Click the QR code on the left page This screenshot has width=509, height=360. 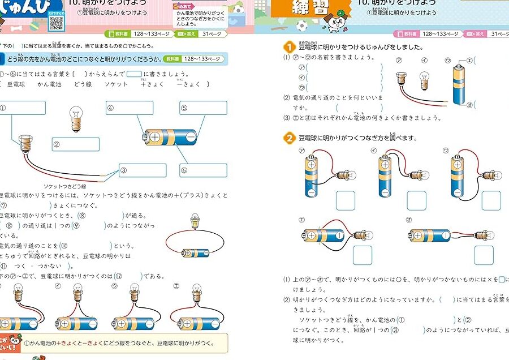click(55, 23)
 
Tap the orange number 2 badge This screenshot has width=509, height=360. click(288, 138)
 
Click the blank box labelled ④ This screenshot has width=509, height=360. click(130, 108)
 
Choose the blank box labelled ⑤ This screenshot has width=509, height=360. click(204, 108)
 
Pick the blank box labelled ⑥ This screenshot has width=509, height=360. click(204, 170)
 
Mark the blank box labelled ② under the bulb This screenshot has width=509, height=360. click(76, 144)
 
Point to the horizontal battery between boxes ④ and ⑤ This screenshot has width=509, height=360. click(170, 136)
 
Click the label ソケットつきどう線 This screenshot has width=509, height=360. click(65, 186)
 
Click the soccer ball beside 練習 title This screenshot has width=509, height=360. click(301, 25)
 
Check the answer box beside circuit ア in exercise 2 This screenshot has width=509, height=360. click(346, 200)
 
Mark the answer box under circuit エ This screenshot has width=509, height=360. click(363, 255)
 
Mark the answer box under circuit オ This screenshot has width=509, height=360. click(484, 255)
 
